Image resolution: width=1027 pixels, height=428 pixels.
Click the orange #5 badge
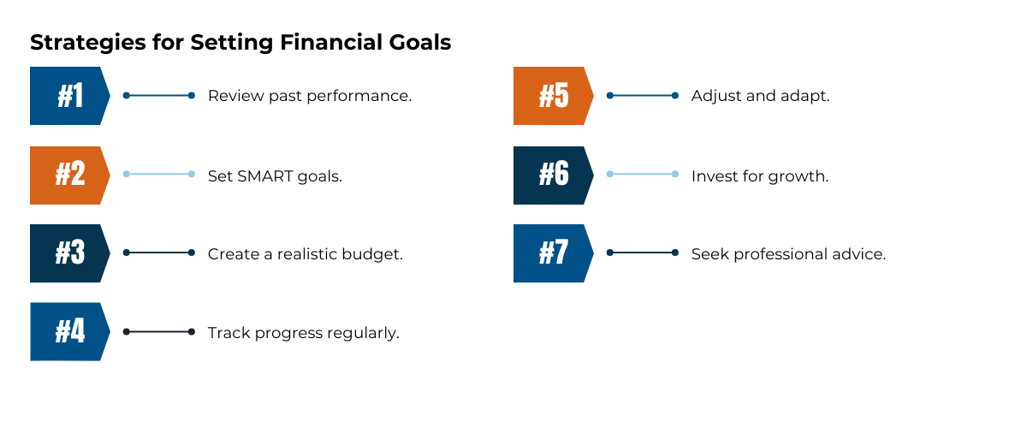click(552, 96)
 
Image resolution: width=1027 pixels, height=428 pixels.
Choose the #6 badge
click(552, 175)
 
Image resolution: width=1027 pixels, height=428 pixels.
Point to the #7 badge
click(552, 253)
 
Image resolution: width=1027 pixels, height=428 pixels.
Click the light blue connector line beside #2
click(159, 174)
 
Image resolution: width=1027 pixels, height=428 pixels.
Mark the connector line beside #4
click(159, 331)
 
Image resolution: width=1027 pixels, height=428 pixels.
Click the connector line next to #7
click(643, 253)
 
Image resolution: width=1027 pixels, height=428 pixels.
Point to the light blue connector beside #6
click(643, 174)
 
